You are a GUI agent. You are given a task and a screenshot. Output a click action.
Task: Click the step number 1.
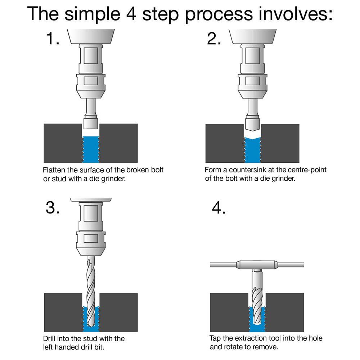coord(53,38)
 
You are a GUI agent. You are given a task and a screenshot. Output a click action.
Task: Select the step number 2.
coord(214,38)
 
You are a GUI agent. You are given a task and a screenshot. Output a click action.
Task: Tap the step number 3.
coord(53,208)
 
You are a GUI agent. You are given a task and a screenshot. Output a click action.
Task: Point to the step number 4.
coord(219,208)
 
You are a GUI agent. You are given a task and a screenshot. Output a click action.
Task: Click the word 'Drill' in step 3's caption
coord(49,339)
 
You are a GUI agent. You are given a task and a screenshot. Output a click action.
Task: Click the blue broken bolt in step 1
coord(91,149)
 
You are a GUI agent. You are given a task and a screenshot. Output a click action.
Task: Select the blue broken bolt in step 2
coord(252,150)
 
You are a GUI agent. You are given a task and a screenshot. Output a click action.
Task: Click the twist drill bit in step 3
coord(91,291)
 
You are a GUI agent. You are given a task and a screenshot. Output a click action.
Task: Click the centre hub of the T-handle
coord(257,265)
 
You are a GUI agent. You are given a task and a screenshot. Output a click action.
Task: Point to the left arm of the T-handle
coord(224,265)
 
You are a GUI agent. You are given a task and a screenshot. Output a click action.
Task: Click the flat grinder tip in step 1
coord(91,123)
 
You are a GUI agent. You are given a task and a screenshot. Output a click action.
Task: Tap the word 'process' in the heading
coord(219,15)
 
